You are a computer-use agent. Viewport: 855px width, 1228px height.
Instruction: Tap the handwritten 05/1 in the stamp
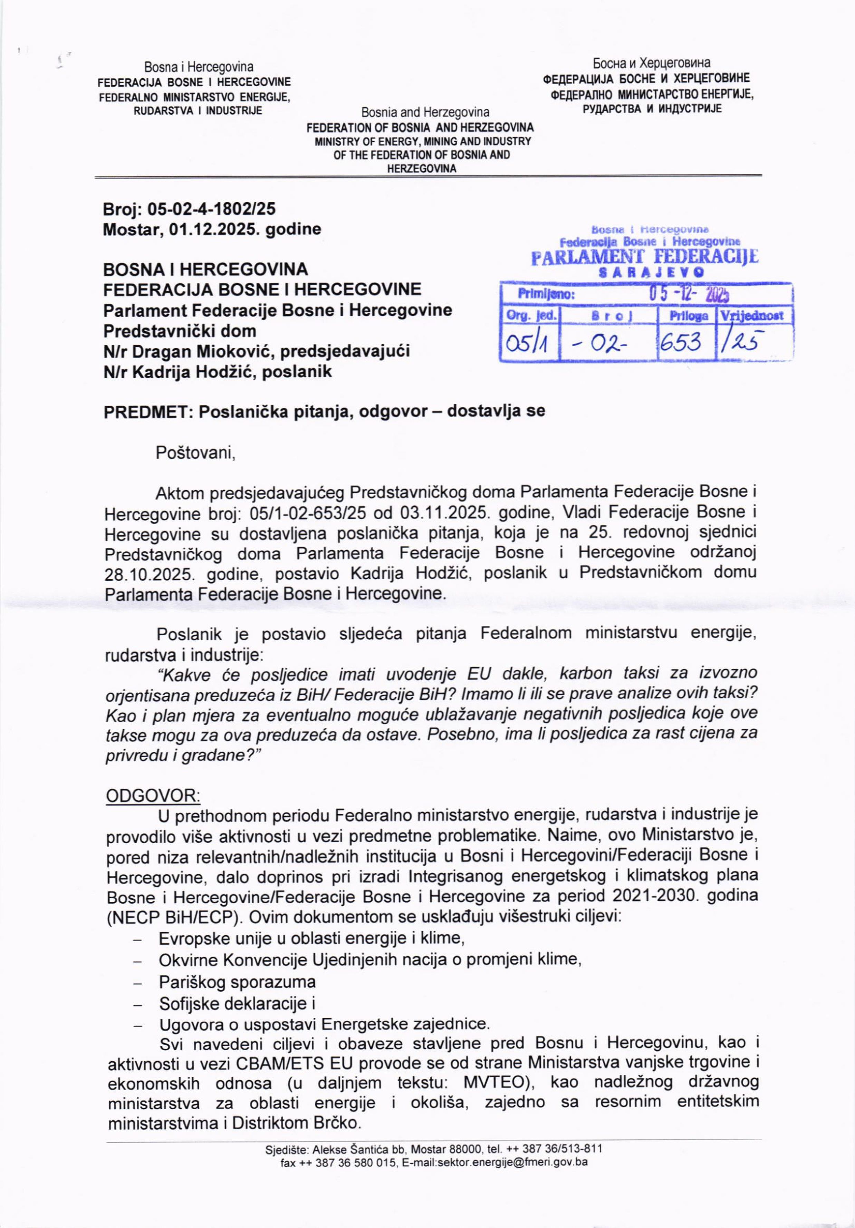point(529,342)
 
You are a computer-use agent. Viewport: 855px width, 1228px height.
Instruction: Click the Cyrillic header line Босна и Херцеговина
point(652,63)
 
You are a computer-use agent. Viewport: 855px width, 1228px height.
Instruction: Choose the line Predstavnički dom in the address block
point(179,331)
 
